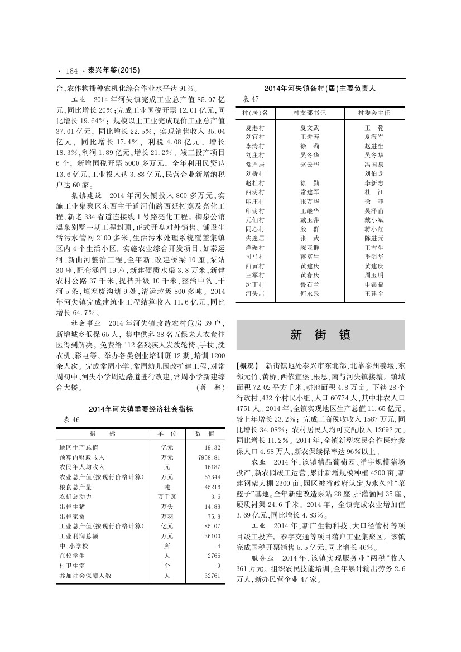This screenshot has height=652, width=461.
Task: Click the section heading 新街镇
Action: (320, 335)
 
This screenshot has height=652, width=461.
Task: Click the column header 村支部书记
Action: (310, 113)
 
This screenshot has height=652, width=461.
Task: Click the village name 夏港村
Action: (254, 128)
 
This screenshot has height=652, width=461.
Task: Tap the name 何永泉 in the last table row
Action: (310, 293)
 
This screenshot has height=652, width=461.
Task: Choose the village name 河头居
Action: (254, 293)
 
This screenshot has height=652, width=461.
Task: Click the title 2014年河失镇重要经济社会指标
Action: (141, 409)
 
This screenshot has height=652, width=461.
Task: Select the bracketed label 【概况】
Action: (248, 365)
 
